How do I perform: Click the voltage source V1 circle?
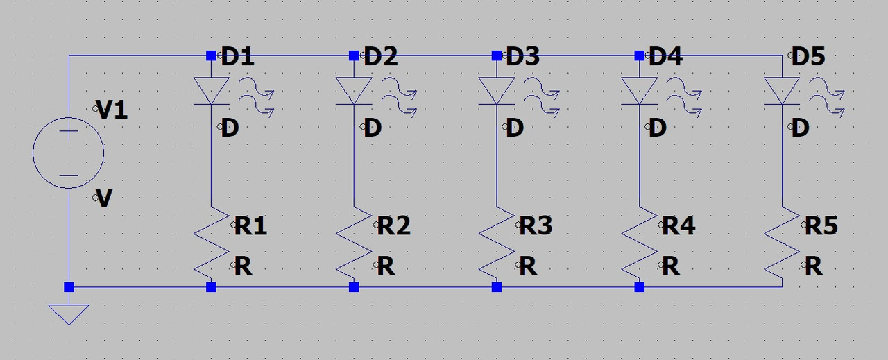pyautogui.click(x=69, y=153)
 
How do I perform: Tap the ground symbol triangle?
pyautogui.click(x=69, y=314)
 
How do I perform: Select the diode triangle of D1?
pyautogui.click(x=211, y=91)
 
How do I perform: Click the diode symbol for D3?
pyautogui.click(x=497, y=91)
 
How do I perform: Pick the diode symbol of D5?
pyautogui.click(x=782, y=91)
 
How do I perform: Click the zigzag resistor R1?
pyautogui.click(x=211, y=239)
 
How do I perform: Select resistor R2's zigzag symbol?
pyautogui.click(x=354, y=239)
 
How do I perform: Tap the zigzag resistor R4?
pyautogui.click(x=639, y=239)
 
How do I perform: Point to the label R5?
pyautogui.click(x=821, y=225)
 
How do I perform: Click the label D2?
pyautogui.click(x=380, y=57)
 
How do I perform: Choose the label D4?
pyautogui.click(x=665, y=57)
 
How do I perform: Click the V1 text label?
pyautogui.click(x=112, y=110)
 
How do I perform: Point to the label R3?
pyautogui.click(x=536, y=225)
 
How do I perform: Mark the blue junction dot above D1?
pyautogui.click(x=211, y=55)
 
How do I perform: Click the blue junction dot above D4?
pyautogui.click(x=639, y=55)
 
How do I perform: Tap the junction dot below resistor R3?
pyautogui.click(x=497, y=286)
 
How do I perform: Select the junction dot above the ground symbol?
pyautogui.click(x=69, y=286)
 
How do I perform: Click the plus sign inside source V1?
pyautogui.click(x=69, y=133)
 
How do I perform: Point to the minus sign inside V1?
pyautogui.click(x=69, y=175)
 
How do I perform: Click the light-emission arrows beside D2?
pyautogui.click(x=399, y=96)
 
